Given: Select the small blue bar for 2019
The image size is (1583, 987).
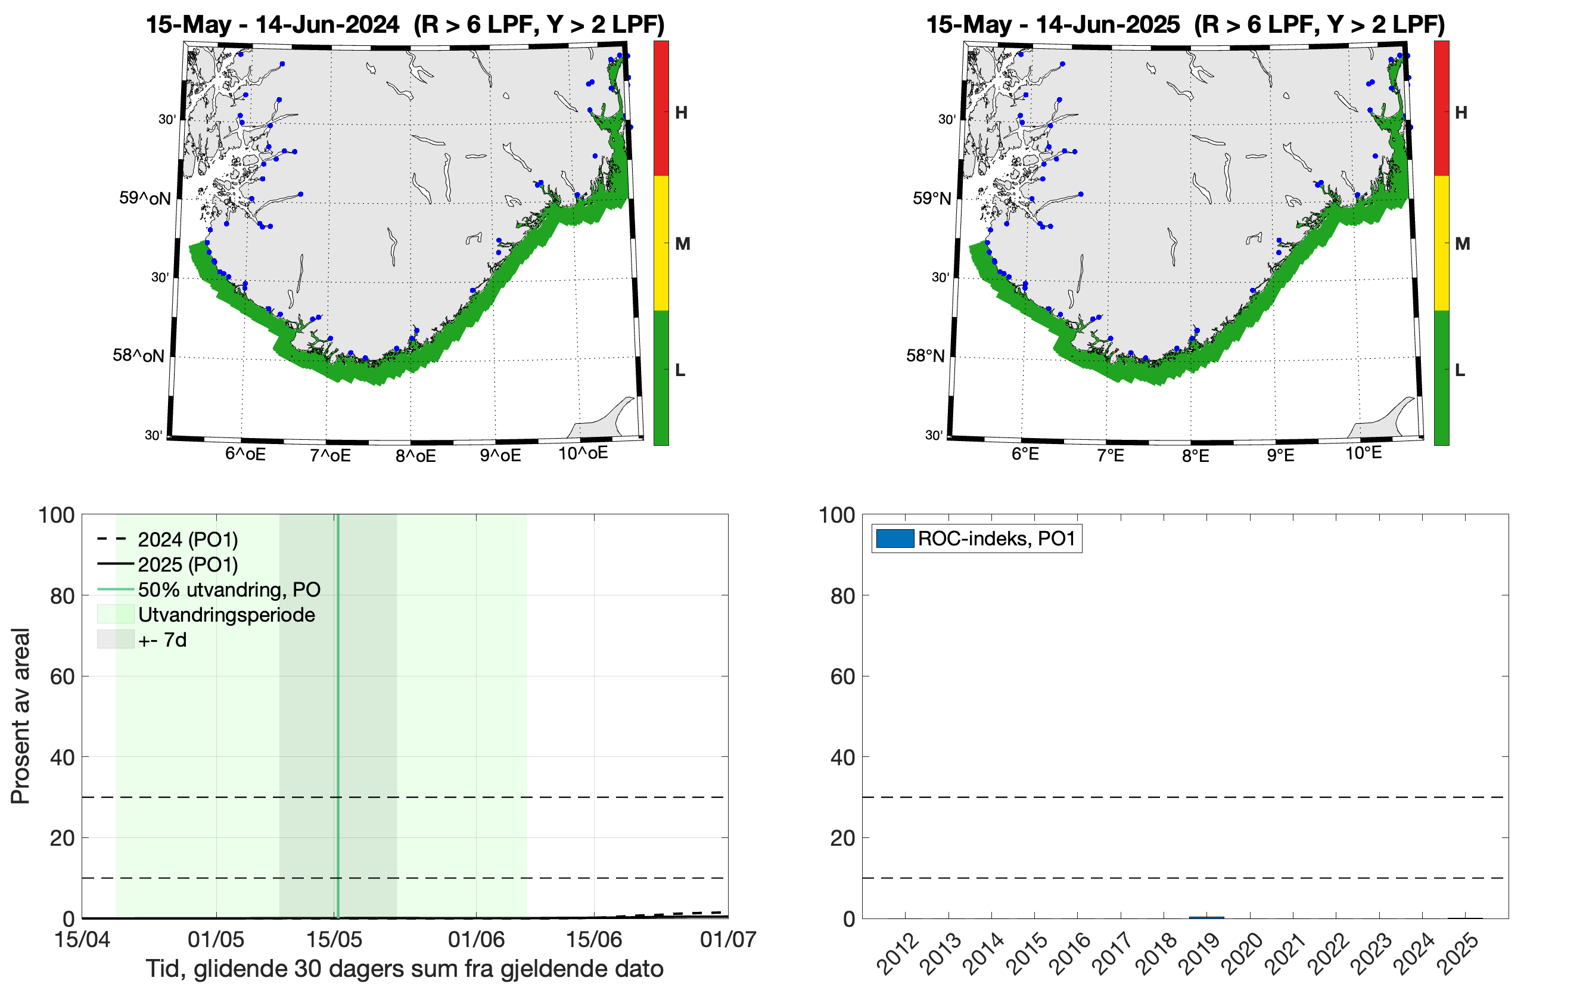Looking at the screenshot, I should pyautogui.click(x=1206, y=917).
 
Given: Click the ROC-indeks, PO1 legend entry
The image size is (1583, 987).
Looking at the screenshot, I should pyautogui.click(x=976, y=539).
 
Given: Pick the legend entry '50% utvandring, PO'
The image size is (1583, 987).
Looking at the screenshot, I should pyautogui.click(x=228, y=589).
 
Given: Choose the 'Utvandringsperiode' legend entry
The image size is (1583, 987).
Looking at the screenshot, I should pyautogui.click(x=226, y=615).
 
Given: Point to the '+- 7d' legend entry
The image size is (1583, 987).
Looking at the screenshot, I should pyautogui.click(x=162, y=640).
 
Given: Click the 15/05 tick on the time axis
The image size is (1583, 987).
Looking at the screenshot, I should pyautogui.click(x=334, y=939).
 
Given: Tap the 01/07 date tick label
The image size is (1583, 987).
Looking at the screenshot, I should pyautogui.click(x=727, y=939).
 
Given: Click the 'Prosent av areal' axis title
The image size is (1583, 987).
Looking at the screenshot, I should pyautogui.click(x=20, y=716).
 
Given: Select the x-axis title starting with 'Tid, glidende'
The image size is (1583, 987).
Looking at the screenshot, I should pyautogui.click(x=404, y=969).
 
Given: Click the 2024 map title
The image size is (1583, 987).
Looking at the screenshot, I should pyautogui.click(x=405, y=25).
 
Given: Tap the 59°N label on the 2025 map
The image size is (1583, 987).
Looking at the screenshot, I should pyautogui.click(x=931, y=198).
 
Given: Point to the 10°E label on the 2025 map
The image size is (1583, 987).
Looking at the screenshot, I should pyautogui.click(x=1363, y=453).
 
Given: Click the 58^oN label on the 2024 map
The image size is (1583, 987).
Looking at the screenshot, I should pyautogui.click(x=138, y=356).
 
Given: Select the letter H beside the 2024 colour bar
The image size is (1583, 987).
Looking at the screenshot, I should pyautogui.click(x=681, y=113).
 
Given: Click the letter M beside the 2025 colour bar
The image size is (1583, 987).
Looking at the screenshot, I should pyautogui.click(x=1462, y=244).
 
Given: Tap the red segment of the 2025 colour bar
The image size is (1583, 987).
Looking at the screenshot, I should pyautogui.click(x=1441, y=108).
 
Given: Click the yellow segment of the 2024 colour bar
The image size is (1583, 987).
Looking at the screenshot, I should pyautogui.click(x=661, y=243).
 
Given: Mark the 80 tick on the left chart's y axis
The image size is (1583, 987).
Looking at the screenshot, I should pyautogui.click(x=62, y=596).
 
